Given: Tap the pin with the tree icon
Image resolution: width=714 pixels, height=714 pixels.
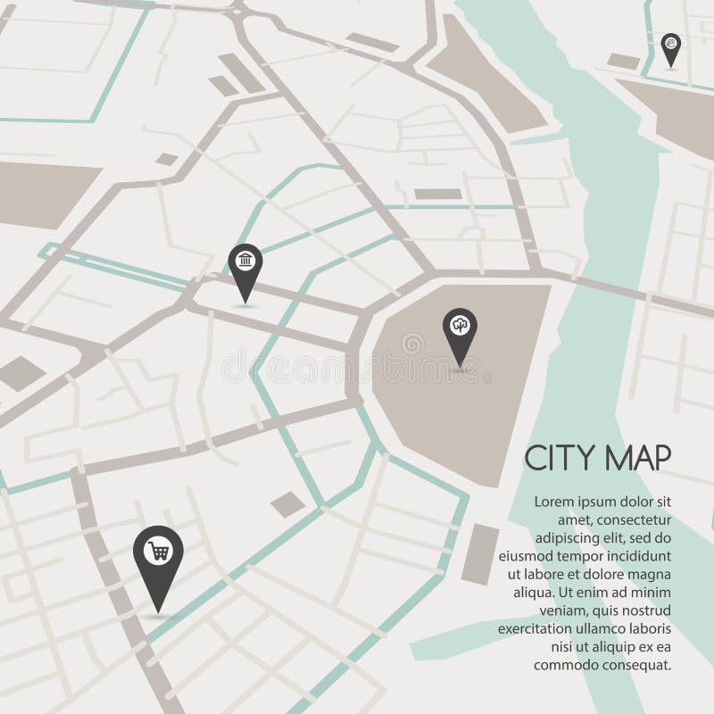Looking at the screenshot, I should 460,326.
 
